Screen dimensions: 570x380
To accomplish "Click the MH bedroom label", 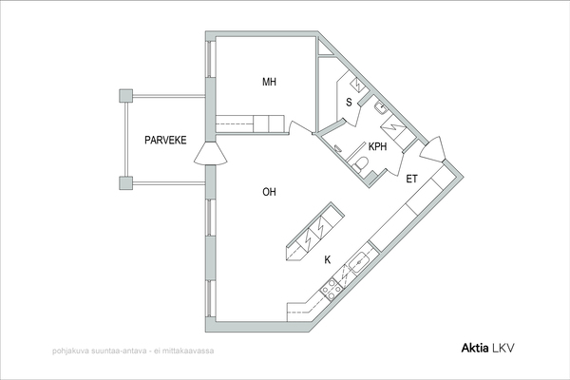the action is [270, 82].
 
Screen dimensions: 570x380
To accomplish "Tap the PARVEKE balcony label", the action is [165, 140].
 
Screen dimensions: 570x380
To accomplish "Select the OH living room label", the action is [270, 192].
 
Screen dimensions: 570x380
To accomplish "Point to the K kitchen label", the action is [328, 260].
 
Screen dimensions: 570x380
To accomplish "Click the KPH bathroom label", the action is [378, 146].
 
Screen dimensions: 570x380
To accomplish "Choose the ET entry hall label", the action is [412, 179].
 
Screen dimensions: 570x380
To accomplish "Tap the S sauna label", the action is [349, 103].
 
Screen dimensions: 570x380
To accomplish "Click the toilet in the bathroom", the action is [360, 163].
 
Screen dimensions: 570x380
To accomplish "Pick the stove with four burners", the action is [332, 290].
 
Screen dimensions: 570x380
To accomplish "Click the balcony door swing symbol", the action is [211, 154].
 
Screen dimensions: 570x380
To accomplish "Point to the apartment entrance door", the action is [433, 149].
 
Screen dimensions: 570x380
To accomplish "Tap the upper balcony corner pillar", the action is [125, 96].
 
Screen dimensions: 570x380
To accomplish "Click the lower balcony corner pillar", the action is [125, 183].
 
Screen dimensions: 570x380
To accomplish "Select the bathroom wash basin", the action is [381, 108].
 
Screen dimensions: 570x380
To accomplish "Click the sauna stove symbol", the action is [357, 85].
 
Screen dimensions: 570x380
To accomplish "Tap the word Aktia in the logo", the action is [475, 348].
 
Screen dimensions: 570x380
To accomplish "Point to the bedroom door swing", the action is [300, 128].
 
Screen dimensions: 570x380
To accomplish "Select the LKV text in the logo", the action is [503, 348].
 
